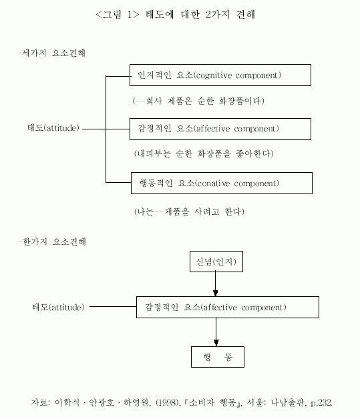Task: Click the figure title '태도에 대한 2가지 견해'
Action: (x=200, y=15)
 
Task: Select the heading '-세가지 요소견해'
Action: (x=51, y=53)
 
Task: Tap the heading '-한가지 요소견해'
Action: (x=52, y=242)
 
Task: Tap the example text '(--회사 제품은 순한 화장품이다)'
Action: (x=198, y=101)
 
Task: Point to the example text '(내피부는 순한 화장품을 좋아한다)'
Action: (x=204, y=153)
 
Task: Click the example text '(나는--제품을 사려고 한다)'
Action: (x=189, y=212)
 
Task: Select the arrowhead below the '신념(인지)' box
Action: (x=216, y=293)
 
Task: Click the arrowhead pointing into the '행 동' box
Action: (x=216, y=343)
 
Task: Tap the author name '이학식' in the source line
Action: (x=67, y=402)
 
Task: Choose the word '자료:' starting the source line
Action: (x=40, y=402)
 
